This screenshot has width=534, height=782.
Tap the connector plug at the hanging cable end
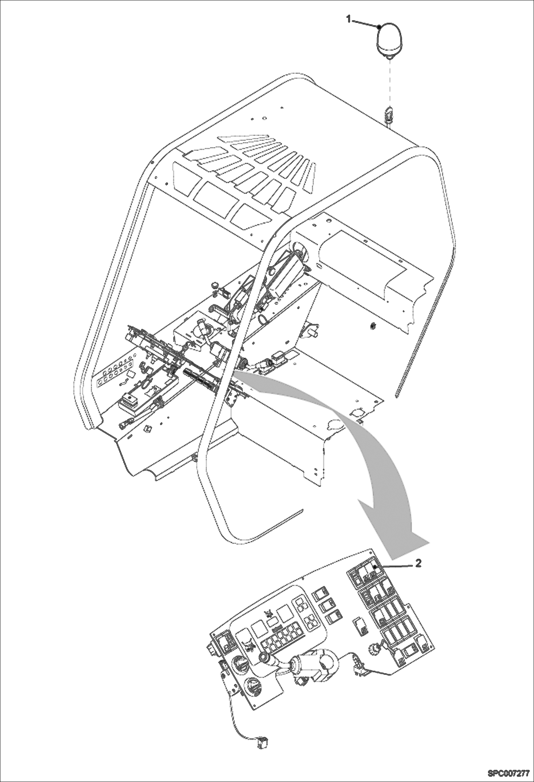[x=262, y=744]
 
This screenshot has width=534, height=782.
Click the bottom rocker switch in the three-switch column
[x=334, y=616]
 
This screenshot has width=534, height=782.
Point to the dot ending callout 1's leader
[x=380, y=26]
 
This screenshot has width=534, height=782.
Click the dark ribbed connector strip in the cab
[x=200, y=380]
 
